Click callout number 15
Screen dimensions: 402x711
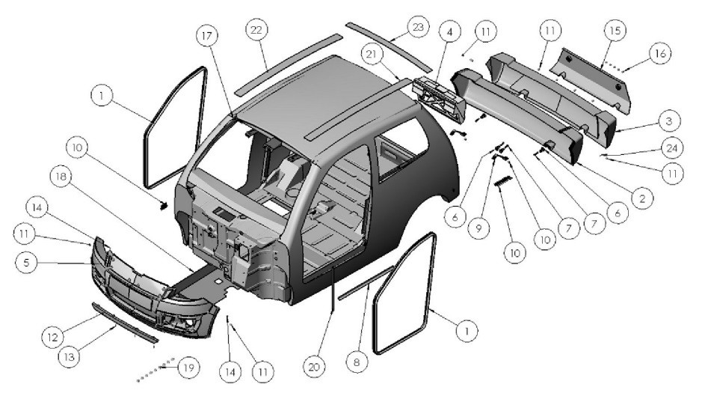615,33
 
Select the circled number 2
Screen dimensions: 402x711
641,198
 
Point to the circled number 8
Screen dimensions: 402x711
357,362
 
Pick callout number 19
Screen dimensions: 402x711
189,368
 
